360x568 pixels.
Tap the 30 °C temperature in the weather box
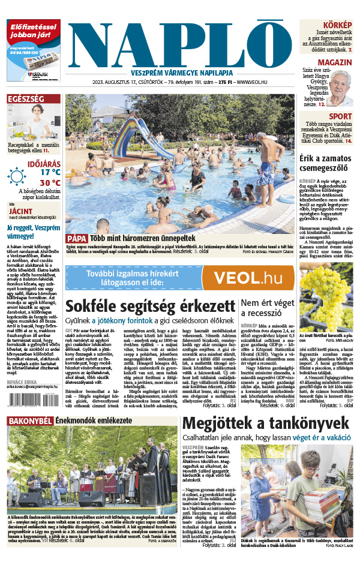tap(50, 182)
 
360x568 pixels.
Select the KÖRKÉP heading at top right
tap(339, 24)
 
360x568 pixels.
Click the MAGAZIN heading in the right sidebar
tap(334, 63)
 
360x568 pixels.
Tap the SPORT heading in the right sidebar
tap(340, 116)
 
